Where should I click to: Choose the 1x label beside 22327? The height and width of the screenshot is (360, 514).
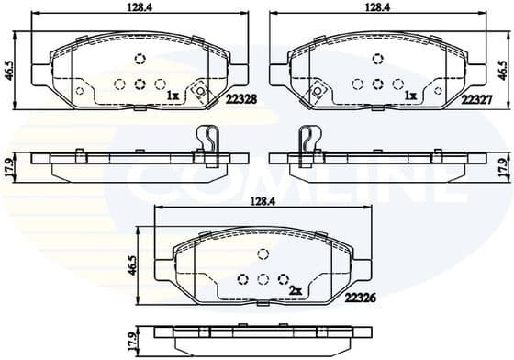pos(410,95)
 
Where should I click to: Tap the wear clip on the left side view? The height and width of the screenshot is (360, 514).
pos(209,145)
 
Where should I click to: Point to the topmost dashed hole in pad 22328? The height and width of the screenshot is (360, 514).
pos(140,60)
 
